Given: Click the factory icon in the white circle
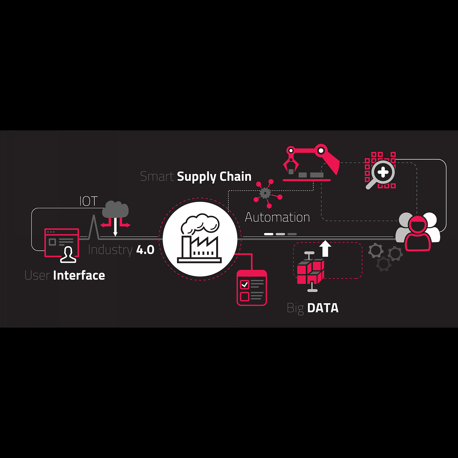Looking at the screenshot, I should pyautogui.click(x=200, y=240).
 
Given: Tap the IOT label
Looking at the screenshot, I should pyautogui.click(x=89, y=201).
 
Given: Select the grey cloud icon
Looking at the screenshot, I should pyautogui.click(x=115, y=209).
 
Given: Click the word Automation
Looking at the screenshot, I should pyautogui.click(x=277, y=217).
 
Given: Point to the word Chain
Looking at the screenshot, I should pyautogui.click(x=235, y=176).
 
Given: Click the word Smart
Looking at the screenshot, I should pyautogui.click(x=157, y=176).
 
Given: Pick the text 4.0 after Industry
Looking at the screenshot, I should pyautogui.click(x=145, y=250).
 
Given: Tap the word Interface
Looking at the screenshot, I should pyautogui.click(x=79, y=275).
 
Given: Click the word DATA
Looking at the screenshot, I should pyautogui.click(x=323, y=308).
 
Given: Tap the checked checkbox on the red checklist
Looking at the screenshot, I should pyautogui.click(x=245, y=285).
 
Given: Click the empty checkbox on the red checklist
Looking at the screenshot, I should pyautogui.click(x=245, y=296).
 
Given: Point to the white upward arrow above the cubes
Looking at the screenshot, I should pyautogui.click(x=325, y=249).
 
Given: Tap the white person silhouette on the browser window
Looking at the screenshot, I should pyautogui.click(x=68, y=255).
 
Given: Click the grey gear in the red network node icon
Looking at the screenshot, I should pyautogui.click(x=265, y=193).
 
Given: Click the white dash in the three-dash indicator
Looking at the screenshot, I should pyautogui.click(x=269, y=234).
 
